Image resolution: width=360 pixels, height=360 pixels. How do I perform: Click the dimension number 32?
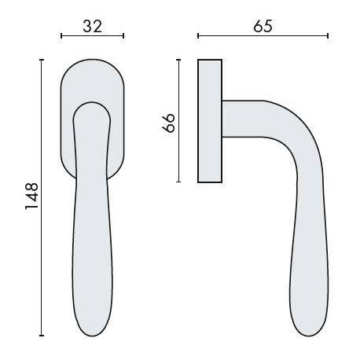click(x=92, y=27)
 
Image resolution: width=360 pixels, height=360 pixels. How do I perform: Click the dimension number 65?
click(x=263, y=26)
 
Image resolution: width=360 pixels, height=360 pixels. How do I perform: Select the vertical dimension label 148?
click(x=31, y=196)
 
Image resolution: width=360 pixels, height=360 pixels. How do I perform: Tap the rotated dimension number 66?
click(x=168, y=123)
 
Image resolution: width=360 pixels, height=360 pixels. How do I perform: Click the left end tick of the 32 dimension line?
click(x=61, y=36)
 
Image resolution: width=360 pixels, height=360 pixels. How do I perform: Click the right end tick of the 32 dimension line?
click(x=123, y=36)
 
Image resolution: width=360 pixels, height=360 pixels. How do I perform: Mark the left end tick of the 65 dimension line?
click(x=198, y=36)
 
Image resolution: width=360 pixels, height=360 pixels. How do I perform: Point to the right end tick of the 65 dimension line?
click(x=328, y=36)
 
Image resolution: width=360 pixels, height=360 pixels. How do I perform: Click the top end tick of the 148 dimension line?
click(x=42, y=60)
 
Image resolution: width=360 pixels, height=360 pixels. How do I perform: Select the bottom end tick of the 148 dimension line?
click(x=42, y=335)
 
